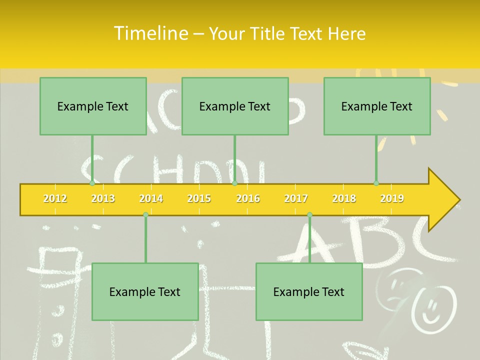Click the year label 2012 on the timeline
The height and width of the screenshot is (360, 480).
(x=55, y=198)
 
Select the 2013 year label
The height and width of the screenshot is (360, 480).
(x=103, y=198)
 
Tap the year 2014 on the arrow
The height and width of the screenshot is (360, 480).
(x=151, y=198)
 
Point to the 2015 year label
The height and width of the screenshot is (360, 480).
(x=199, y=198)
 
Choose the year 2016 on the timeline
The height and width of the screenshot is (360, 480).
(x=248, y=198)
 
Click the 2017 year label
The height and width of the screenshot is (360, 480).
(x=296, y=198)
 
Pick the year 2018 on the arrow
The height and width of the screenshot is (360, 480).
(x=344, y=198)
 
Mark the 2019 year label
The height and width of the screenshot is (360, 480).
(x=392, y=198)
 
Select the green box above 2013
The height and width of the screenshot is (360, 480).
(x=93, y=106)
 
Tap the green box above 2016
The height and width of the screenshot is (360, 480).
(x=235, y=106)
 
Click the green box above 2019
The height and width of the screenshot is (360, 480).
(x=377, y=106)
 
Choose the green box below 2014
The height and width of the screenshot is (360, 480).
(x=145, y=291)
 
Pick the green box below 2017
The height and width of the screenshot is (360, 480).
(x=309, y=291)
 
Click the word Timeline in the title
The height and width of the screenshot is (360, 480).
(x=150, y=33)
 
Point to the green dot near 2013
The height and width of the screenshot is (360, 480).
(x=92, y=183)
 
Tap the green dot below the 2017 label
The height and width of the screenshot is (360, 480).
(x=309, y=214)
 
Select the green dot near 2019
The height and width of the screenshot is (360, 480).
(x=376, y=183)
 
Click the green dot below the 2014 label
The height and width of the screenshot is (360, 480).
(x=145, y=214)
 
